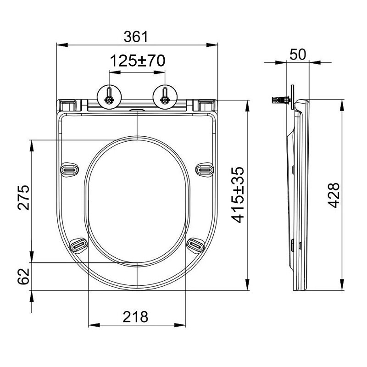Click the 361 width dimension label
click(137, 37)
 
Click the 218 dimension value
click(136, 316)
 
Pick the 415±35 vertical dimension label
click(238, 195)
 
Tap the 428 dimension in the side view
click(334, 195)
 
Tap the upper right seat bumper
click(205, 169)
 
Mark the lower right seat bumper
click(195, 245)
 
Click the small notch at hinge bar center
click(137, 111)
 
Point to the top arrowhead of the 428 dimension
click(342, 103)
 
